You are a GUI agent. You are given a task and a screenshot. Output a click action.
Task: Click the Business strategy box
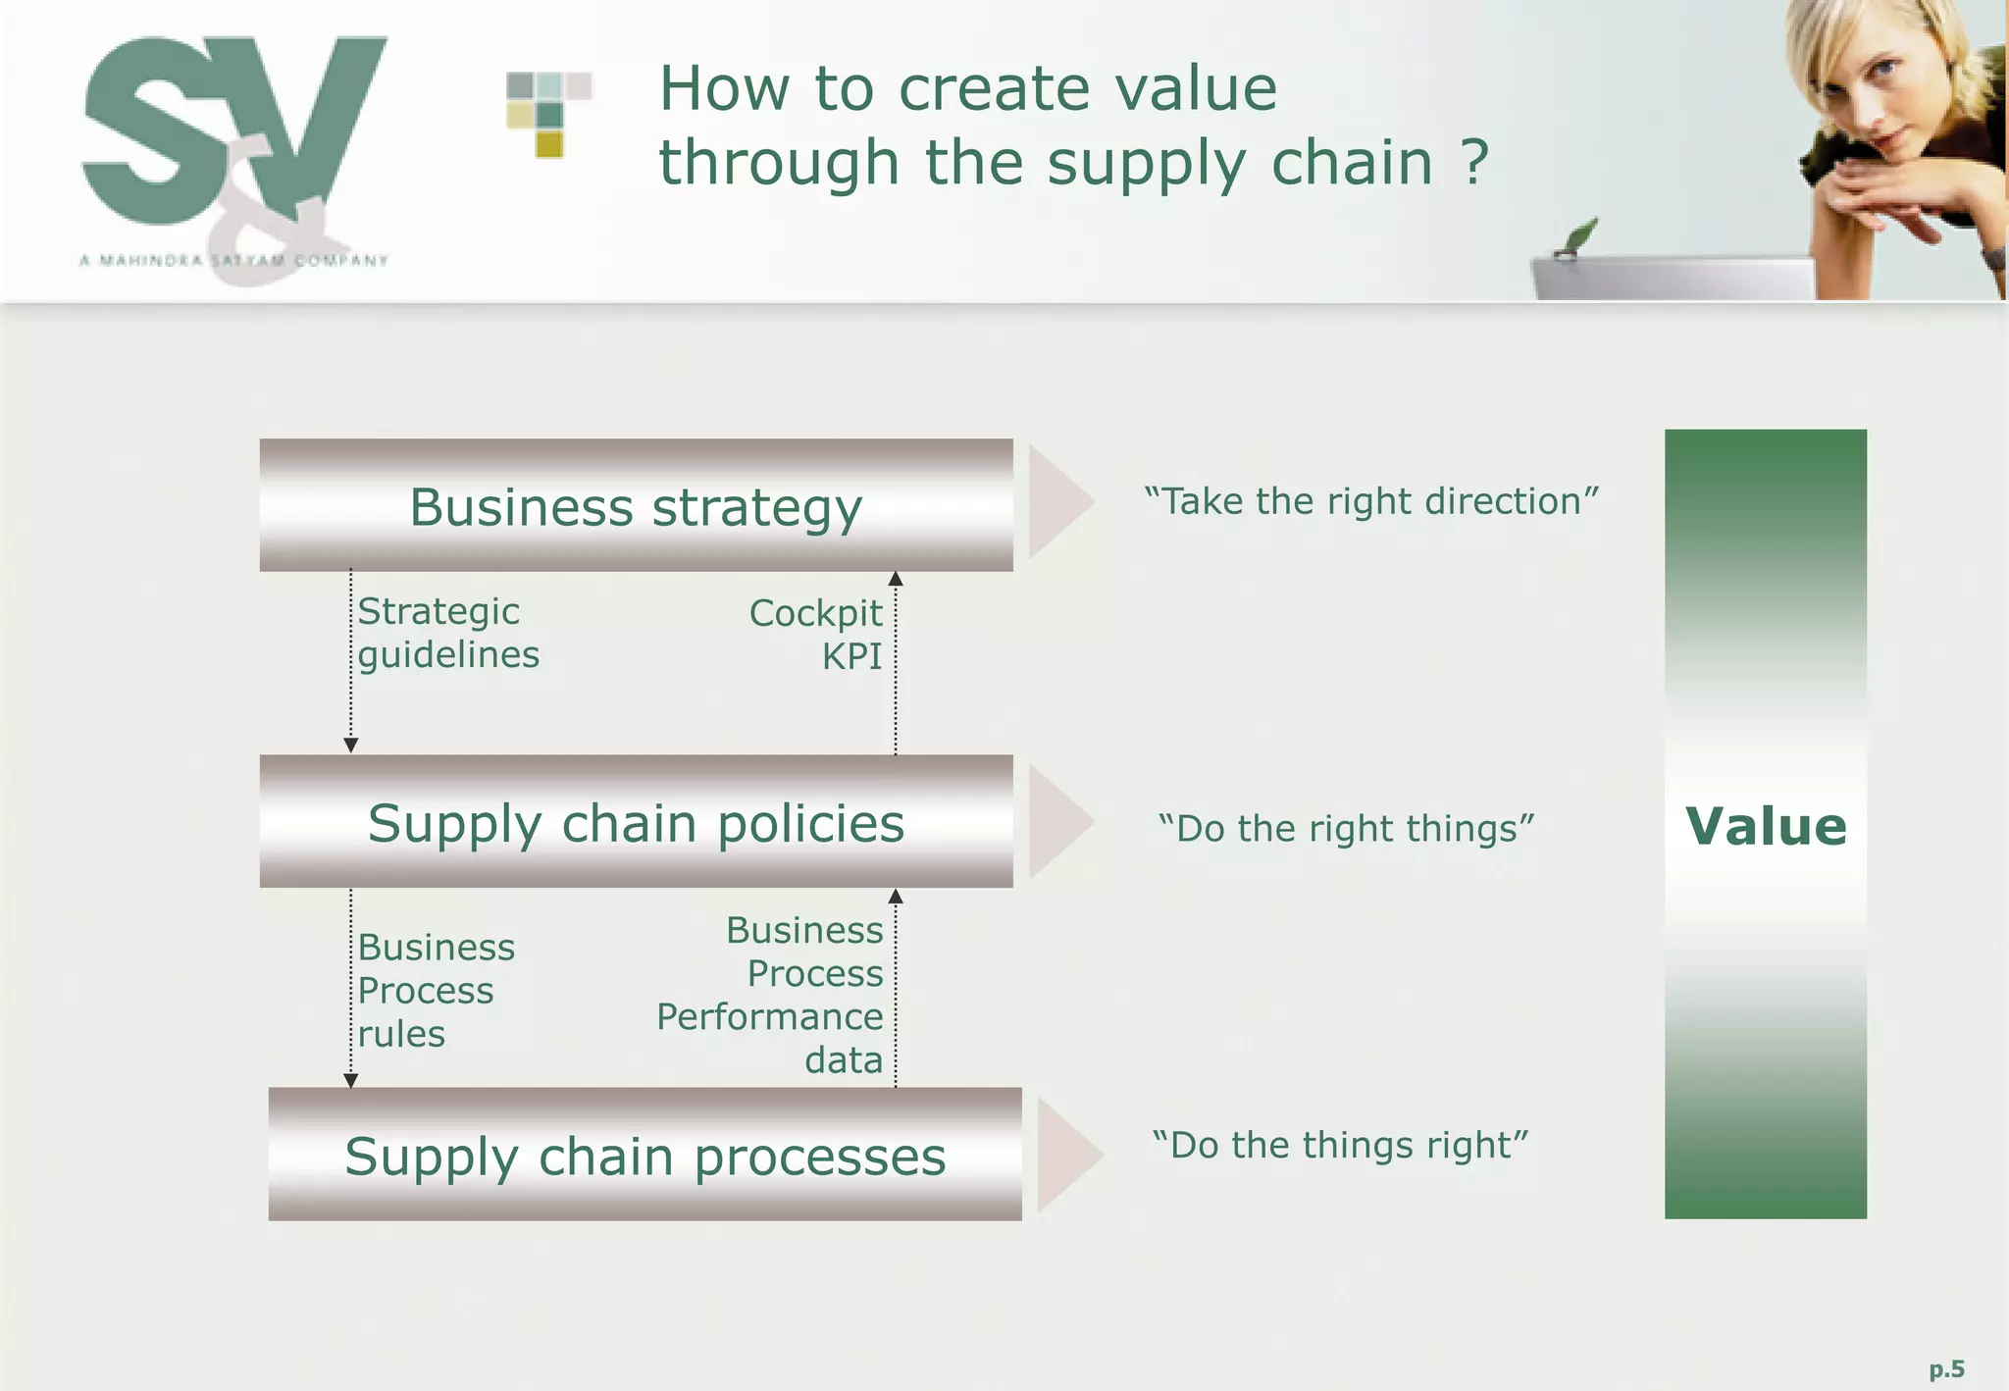tap(636, 505)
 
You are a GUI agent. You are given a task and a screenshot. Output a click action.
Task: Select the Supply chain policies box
tap(636, 821)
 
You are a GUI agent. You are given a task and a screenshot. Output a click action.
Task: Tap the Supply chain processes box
tap(644, 1155)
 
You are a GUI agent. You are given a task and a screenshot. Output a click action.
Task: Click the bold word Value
tap(1766, 826)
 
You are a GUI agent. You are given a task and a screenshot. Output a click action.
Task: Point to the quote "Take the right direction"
tap(1371, 501)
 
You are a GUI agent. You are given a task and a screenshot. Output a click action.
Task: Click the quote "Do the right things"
tap(1346, 829)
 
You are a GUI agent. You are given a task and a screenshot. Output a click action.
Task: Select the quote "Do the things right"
tap(1340, 1145)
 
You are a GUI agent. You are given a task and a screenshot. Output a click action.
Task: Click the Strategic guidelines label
tap(447, 633)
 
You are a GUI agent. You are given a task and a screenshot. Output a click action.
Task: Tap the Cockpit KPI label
tap(816, 635)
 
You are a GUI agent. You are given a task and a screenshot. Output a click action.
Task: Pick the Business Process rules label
tap(436, 990)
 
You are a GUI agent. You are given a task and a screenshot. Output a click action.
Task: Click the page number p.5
tap(1946, 1368)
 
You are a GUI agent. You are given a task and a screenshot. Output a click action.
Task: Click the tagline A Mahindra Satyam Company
tap(233, 260)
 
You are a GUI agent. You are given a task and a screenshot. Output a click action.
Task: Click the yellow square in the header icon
tap(549, 145)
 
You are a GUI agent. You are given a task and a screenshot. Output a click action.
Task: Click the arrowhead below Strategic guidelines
tap(351, 746)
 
